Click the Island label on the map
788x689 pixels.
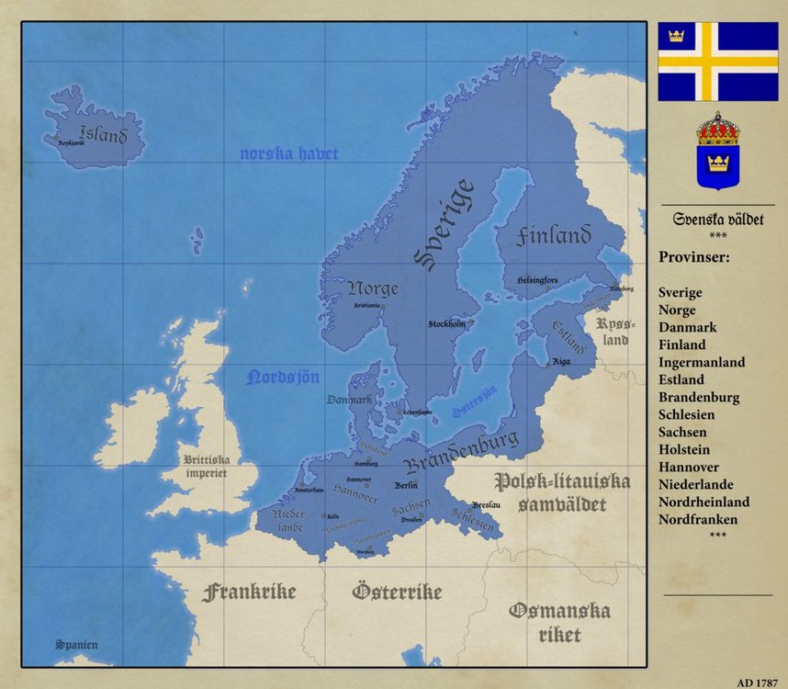point(103,135)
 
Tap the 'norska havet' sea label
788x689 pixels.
point(289,154)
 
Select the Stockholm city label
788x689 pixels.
point(447,324)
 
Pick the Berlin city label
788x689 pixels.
point(405,485)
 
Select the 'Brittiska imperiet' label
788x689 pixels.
point(207,467)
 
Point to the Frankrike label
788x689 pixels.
point(249,592)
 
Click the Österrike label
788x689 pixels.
point(397,593)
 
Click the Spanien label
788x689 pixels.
point(76,645)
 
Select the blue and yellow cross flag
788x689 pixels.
point(717,62)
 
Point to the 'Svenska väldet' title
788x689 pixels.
point(717,220)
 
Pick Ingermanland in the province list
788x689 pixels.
point(702,362)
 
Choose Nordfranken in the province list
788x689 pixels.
point(698,519)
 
